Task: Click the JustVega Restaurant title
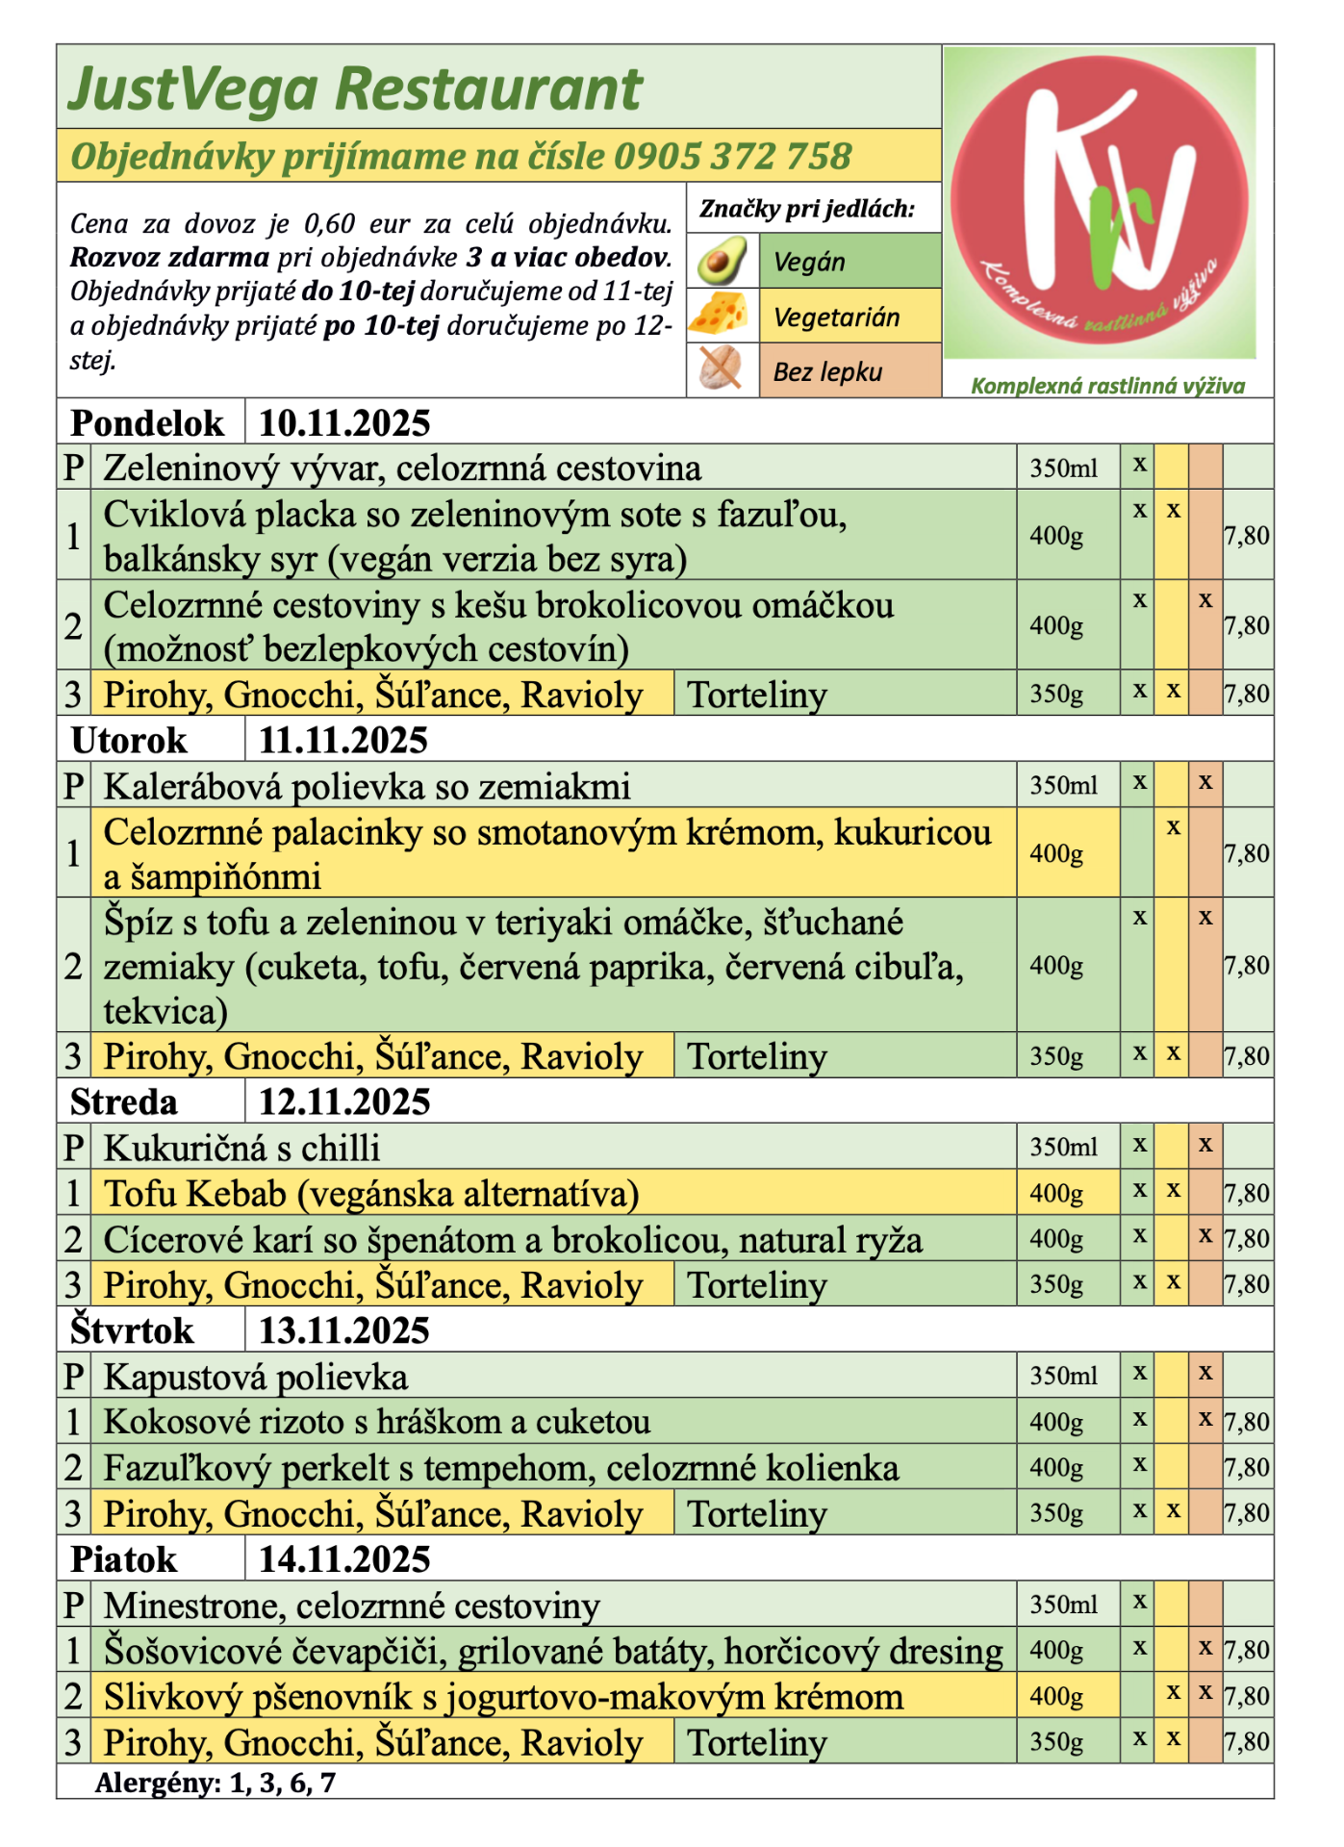click(354, 89)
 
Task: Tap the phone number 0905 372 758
click(732, 156)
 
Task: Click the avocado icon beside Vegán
click(722, 261)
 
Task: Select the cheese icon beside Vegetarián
click(720, 315)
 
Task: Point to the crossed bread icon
click(720, 369)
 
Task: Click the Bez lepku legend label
click(827, 371)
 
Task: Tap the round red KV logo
click(1100, 202)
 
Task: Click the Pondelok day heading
click(147, 422)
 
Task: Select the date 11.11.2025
click(343, 740)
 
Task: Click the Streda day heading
click(124, 1101)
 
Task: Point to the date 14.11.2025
click(343, 1559)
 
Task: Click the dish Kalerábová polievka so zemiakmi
click(367, 786)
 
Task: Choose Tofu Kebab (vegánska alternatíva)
click(371, 1194)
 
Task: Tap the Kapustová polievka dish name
click(256, 1377)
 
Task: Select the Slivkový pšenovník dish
click(503, 1697)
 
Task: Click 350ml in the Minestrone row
click(1063, 1604)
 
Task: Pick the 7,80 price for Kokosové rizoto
click(1247, 1422)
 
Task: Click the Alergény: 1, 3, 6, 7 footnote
click(216, 1783)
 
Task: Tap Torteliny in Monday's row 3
click(757, 695)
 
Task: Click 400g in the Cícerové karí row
click(1056, 1239)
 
